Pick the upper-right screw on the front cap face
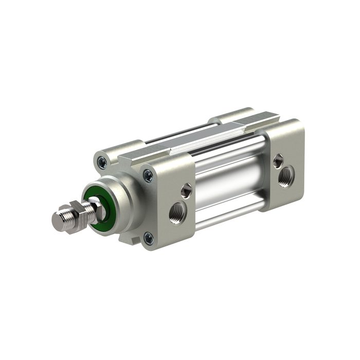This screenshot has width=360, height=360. (148, 176)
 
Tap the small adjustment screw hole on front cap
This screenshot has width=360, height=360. (187, 190)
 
